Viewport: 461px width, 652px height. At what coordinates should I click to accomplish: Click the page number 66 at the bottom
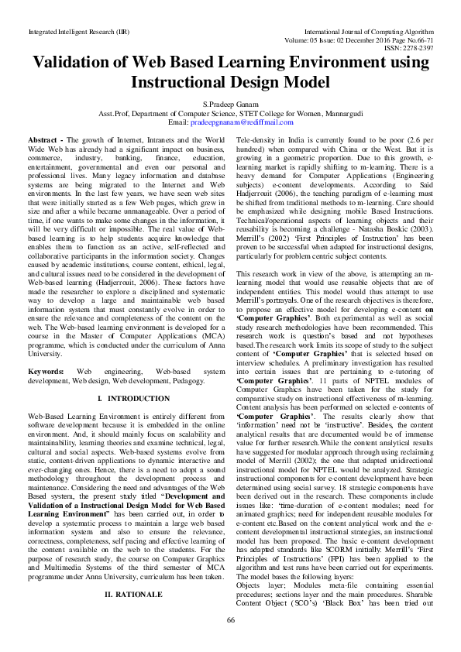[230, 641]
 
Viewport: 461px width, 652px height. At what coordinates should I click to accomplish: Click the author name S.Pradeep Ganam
[230, 105]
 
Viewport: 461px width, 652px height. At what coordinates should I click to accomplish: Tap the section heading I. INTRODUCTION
[127, 398]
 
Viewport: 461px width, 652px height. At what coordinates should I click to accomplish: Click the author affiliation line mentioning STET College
[230, 114]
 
